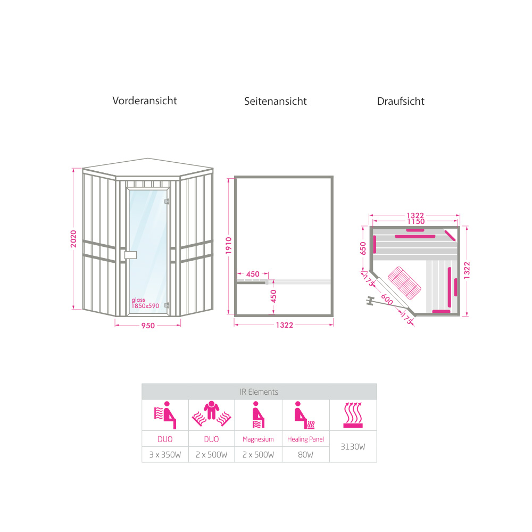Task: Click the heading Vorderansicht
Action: pos(145,101)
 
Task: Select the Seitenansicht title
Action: pos(276,101)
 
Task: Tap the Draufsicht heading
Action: pos(401,101)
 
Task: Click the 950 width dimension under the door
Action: pos(148,326)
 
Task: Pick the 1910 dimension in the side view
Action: pos(228,246)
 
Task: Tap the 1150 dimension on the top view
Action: pos(414,221)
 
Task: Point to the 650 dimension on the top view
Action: pos(363,248)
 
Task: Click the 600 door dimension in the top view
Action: pos(387,300)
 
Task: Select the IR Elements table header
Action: pos(259,392)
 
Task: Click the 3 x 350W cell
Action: pos(165,455)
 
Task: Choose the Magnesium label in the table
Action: pos(258,439)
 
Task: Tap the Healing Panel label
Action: pos(305,439)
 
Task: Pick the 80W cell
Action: pos(305,455)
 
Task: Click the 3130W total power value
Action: pos(353,447)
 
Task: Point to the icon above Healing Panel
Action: pos(305,415)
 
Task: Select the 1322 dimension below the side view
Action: pos(285,326)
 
